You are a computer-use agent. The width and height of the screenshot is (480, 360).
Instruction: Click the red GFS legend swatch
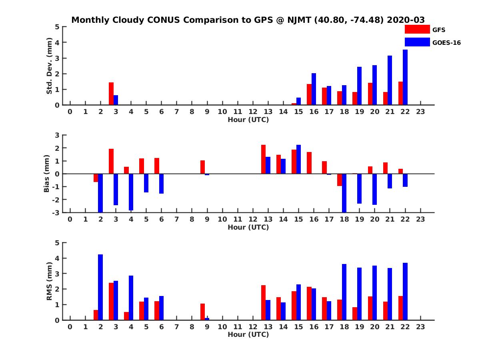click(x=417, y=29)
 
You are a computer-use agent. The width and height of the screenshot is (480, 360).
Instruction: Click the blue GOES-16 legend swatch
click(x=417, y=42)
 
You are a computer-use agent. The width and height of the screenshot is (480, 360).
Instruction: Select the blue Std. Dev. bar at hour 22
click(x=405, y=77)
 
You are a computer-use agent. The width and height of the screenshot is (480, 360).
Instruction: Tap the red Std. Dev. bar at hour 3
click(x=111, y=94)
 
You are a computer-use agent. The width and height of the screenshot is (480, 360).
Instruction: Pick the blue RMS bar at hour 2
click(x=100, y=287)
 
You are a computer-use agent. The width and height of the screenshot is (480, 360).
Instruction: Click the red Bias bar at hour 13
click(x=264, y=159)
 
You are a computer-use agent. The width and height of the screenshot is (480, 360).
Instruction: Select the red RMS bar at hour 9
click(x=203, y=312)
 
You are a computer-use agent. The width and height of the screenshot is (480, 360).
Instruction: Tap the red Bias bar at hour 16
click(x=309, y=163)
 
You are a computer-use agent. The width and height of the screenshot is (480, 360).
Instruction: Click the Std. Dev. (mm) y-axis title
click(x=50, y=66)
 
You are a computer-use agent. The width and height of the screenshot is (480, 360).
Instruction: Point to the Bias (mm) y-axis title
click(x=47, y=174)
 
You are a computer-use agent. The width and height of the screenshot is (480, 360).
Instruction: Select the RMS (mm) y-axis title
click(x=50, y=281)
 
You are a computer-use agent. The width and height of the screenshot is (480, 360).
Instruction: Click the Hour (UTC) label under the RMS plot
click(x=248, y=334)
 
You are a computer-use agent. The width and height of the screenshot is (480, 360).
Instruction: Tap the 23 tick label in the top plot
click(x=420, y=112)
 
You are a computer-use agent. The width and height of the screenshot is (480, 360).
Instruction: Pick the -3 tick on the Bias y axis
click(x=56, y=212)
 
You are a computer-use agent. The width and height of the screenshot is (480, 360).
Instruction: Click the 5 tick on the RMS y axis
click(x=57, y=243)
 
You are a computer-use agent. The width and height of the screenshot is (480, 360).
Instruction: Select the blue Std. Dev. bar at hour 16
click(x=314, y=89)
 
